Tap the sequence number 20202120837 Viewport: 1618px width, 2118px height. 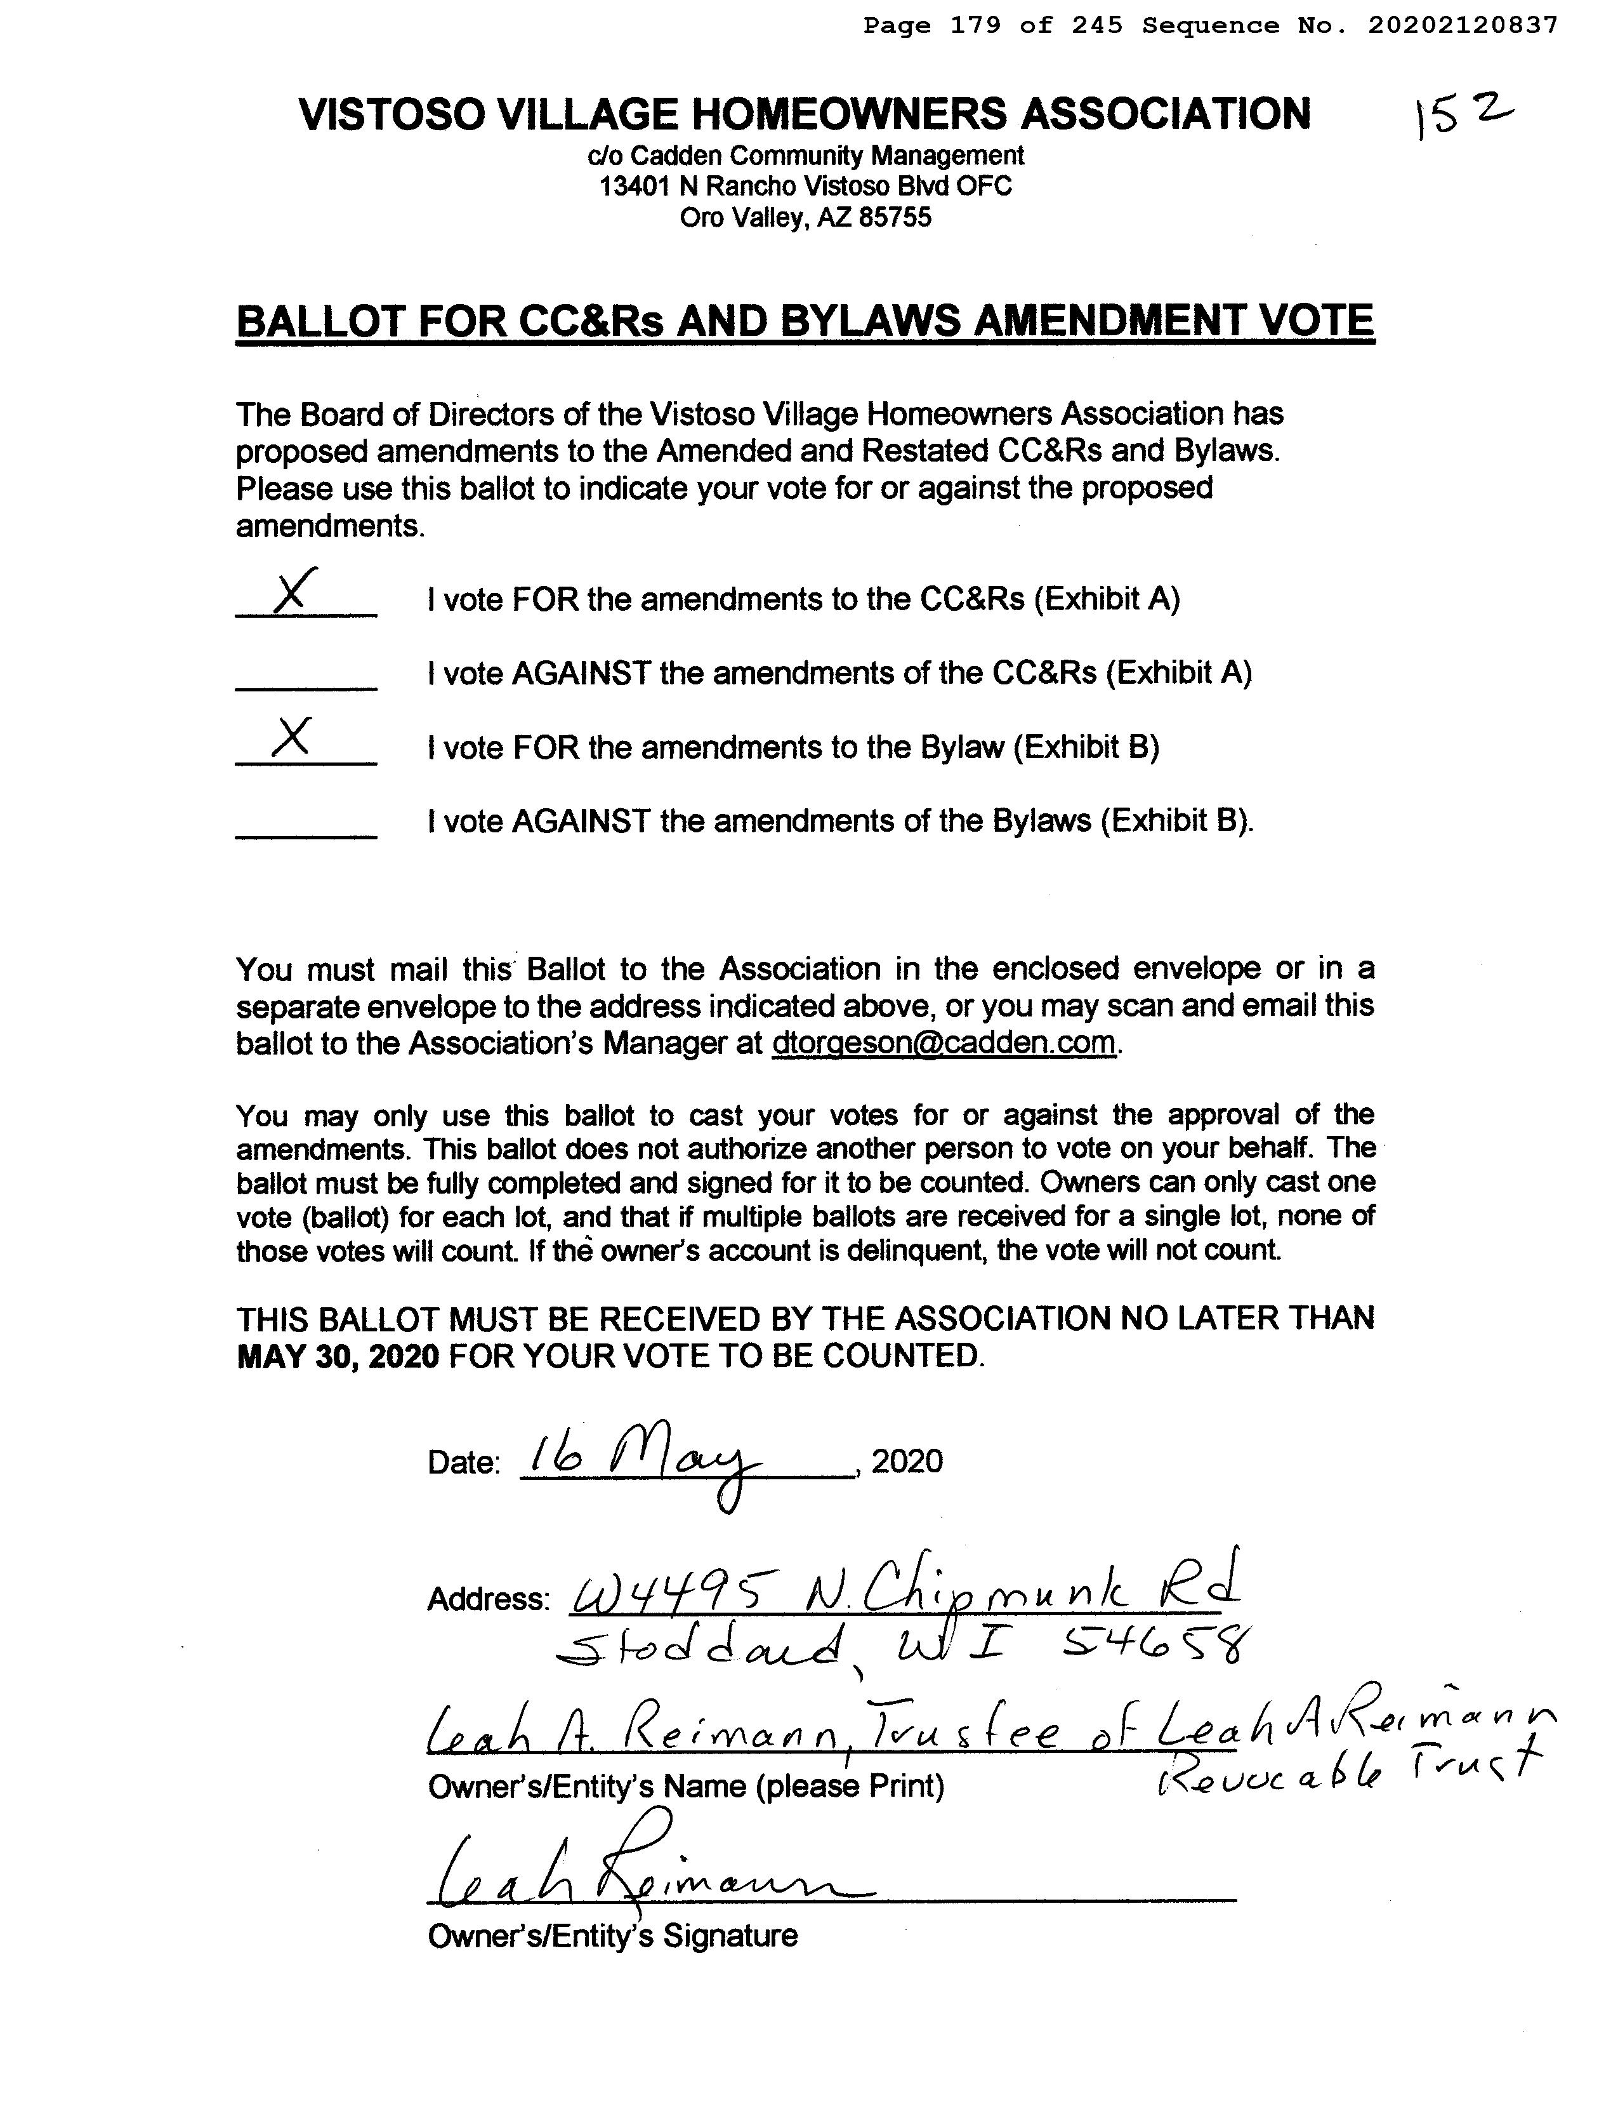[x=1461, y=26]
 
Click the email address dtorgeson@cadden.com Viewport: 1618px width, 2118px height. [x=944, y=1042]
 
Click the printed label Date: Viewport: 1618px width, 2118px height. [x=463, y=1463]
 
